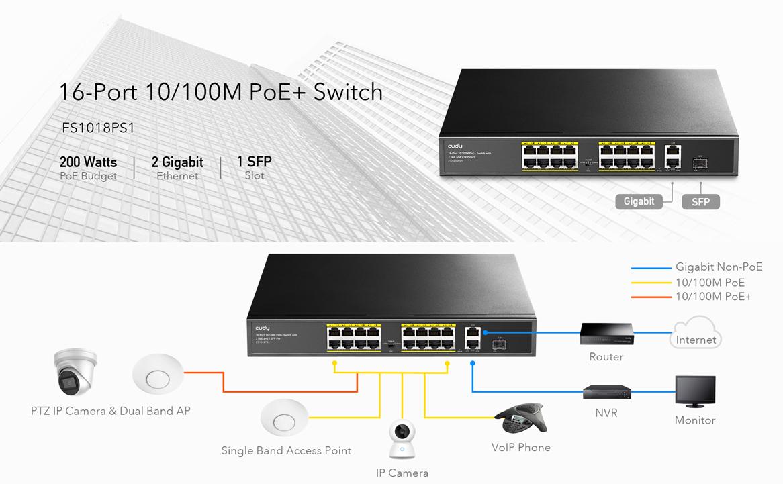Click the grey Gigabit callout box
(639, 201)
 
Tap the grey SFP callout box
(700, 202)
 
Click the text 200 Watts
(88, 162)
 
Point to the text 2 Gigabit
(177, 162)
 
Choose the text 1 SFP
(254, 162)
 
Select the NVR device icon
(606, 391)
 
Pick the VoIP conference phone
(521, 419)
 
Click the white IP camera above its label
(402, 440)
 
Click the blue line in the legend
(651, 268)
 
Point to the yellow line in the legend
(651, 283)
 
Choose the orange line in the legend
(651, 297)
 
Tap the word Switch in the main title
(348, 91)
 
